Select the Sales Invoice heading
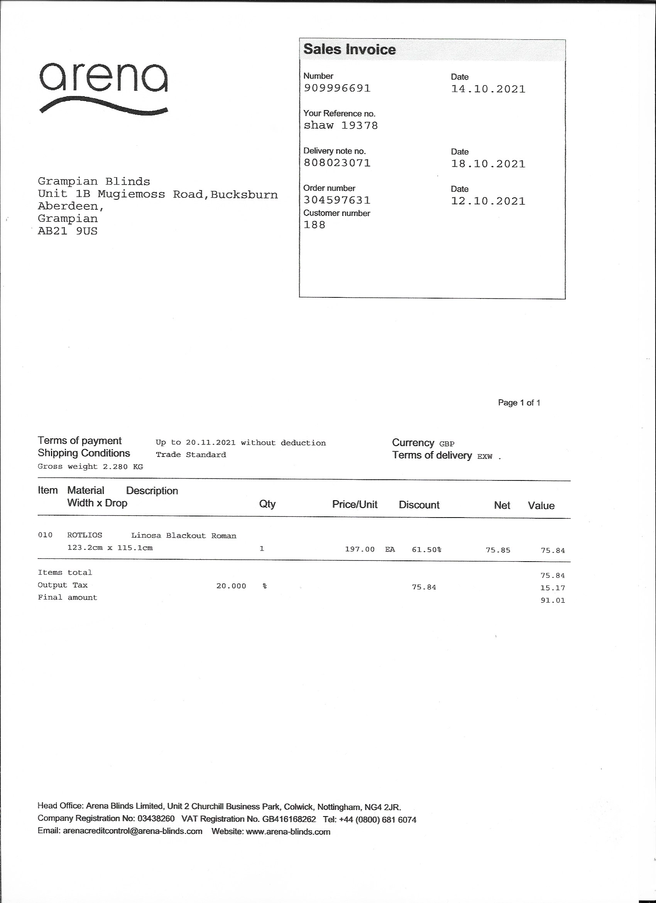point(349,49)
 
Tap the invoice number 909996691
point(337,88)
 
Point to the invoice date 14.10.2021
point(488,89)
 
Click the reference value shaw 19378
point(340,126)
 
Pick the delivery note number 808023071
point(337,163)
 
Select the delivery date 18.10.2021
point(488,164)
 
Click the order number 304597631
point(337,200)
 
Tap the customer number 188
point(314,225)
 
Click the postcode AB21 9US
point(68,231)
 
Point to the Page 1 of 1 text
point(519,402)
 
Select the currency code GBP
point(447,443)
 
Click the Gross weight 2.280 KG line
point(90,466)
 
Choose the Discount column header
point(419,505)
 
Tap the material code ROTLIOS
point(85,535)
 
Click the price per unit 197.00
point(360,550)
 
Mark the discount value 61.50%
point(426,550)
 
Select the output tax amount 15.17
point(553,588)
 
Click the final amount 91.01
point(553,601)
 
